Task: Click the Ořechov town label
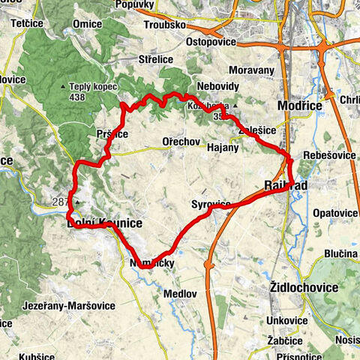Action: point(179,141)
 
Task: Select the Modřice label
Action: point(299,106)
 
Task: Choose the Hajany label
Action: point(223,148)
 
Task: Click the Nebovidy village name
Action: point(217,85)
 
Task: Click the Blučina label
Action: point(340,253)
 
